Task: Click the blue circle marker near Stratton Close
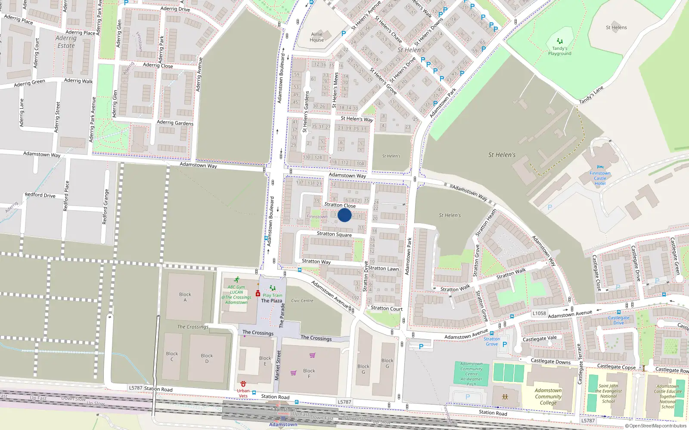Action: (x=344, y=215)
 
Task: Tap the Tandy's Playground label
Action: (x=559, y=51)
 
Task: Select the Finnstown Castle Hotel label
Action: (x=600, y=178)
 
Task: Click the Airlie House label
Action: (x=317, y=37)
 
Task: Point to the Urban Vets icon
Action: (x=243, y=384)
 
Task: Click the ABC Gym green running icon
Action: (x=236, y=279)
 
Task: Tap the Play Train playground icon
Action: (x=272, y=288)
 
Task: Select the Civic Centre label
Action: (x=302, y=301)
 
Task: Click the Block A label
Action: (x=185, y=297)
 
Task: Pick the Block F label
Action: (x=309, y=373)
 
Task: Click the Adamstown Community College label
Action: (x=548, y=396)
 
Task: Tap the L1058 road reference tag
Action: (x=539, y=313)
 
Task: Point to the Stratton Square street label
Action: (x=334, y=234)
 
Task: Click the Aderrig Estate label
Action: (x=66, y=42)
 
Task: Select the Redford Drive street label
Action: (x=40, y=195)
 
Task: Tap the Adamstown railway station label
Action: (x=283, y=424)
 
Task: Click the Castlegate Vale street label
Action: (x=540, y=339)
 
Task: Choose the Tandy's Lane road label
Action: (x=591, y=95)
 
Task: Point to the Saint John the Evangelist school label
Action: (x=608, y=393)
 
